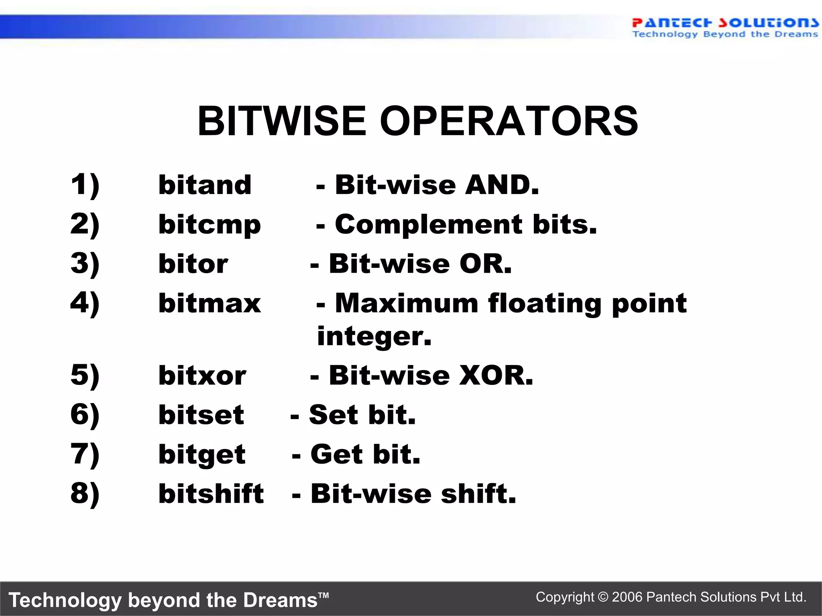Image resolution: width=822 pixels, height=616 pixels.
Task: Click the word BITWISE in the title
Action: (x=281, y=121)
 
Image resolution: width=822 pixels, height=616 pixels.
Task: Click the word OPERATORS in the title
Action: (x=509, y=121)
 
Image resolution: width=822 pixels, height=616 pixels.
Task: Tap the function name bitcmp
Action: (x=210, y=225)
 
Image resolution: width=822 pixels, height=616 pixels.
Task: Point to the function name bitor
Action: (x=193, y=264)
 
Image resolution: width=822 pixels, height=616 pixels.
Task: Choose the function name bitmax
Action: (x=210, y=303)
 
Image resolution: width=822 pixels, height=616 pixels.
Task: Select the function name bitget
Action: (x=202, y=455)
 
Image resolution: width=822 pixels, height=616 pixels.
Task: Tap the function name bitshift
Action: (x=211, y=494)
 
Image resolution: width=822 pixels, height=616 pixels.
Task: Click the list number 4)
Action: (x=85, y=303)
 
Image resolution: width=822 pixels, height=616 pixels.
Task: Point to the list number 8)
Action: (x=85, y=494)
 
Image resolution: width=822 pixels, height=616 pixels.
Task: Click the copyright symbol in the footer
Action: (x=603, y=597)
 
